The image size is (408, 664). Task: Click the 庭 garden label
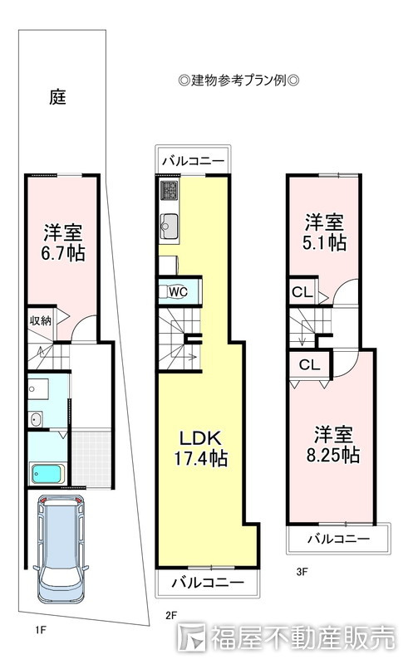(x=57, y=97)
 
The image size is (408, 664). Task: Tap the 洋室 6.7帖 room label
(x=63, y=242)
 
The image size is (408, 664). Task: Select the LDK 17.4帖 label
(x=200, y=448)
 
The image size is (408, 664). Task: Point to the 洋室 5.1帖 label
(x=324, y=232)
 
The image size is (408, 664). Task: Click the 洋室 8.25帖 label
(x=333, y=445)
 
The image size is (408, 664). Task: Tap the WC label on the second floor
(x=178, y=292)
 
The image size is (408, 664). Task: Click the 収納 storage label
(x=40, y=321)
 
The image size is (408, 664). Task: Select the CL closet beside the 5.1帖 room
(x=302, y=292)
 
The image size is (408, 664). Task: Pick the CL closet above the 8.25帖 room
(x=309, y=364)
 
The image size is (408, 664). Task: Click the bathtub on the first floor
(x=48, y=473)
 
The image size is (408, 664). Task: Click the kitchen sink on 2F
(x=170, y=227)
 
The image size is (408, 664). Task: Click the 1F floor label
(x=40, y=630)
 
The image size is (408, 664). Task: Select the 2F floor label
(x=170, y=615)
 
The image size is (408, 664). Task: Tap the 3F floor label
(x=302, y=572)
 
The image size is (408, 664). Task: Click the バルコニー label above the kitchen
(x=193, y=161)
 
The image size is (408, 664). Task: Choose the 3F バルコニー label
(x=338, y=539)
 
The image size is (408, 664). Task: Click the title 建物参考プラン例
(x=238, y=80)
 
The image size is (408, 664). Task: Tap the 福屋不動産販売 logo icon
(x=191, y=637)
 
